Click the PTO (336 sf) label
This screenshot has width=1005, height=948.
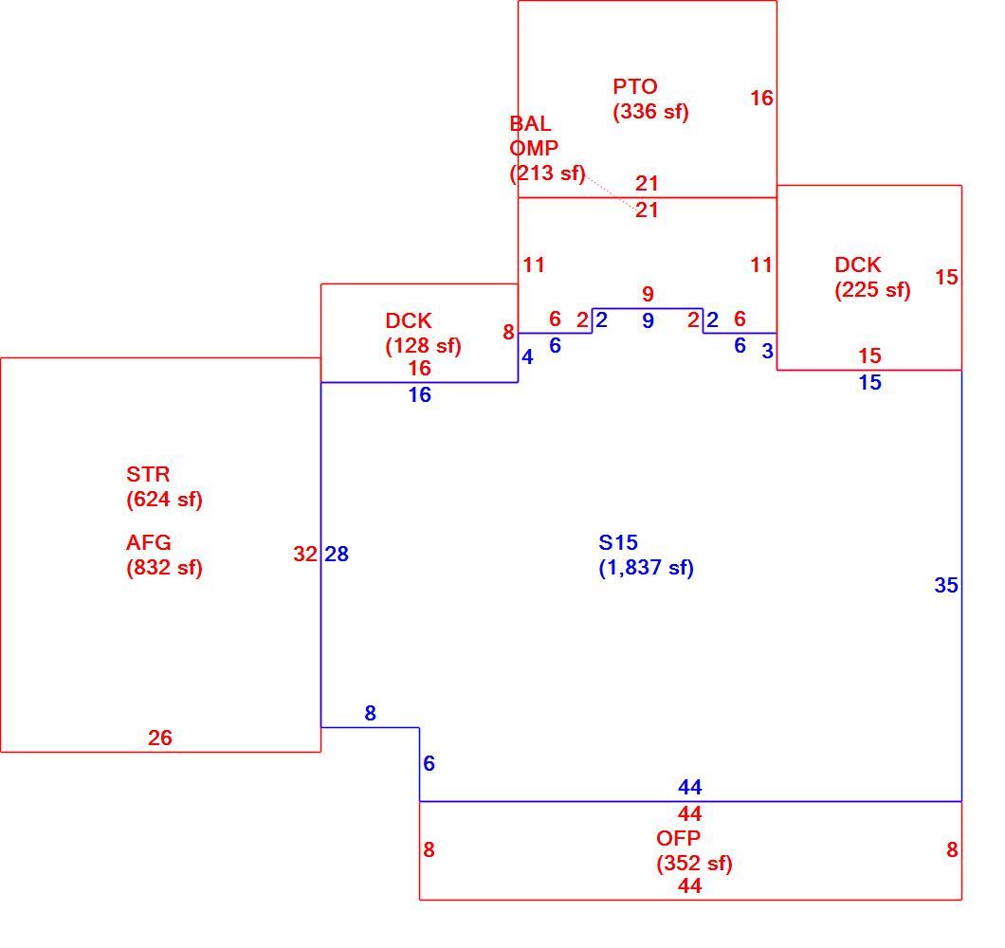pos(650,99)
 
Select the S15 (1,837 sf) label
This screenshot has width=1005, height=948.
pos(646,556)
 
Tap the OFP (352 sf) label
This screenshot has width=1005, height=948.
pos(694,850)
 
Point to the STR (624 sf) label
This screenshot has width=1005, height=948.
pos(164,486)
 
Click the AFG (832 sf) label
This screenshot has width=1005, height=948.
pos(164,556)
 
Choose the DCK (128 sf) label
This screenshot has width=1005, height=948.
pos(423,333)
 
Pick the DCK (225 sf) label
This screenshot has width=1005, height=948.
pos(872,277)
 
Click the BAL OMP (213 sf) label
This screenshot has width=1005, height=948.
pos(547,148)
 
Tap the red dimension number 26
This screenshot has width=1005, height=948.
pos(159,738)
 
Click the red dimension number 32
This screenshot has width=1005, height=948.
pos(305,554)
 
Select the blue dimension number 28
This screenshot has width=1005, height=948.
pos(337,554)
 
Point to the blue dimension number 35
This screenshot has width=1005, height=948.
pos(946,585)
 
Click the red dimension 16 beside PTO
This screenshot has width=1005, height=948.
pos(761,98)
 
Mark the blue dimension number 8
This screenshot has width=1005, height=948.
pos(370,713)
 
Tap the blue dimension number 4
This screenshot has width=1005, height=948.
pos(527,357)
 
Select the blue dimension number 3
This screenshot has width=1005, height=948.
pos(767,352)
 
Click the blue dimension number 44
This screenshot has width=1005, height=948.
pos(689,787)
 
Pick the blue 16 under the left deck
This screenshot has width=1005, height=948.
pos(420,394)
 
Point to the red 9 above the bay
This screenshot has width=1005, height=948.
pos(648,294)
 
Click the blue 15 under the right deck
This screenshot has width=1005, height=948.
pos(869,382)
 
